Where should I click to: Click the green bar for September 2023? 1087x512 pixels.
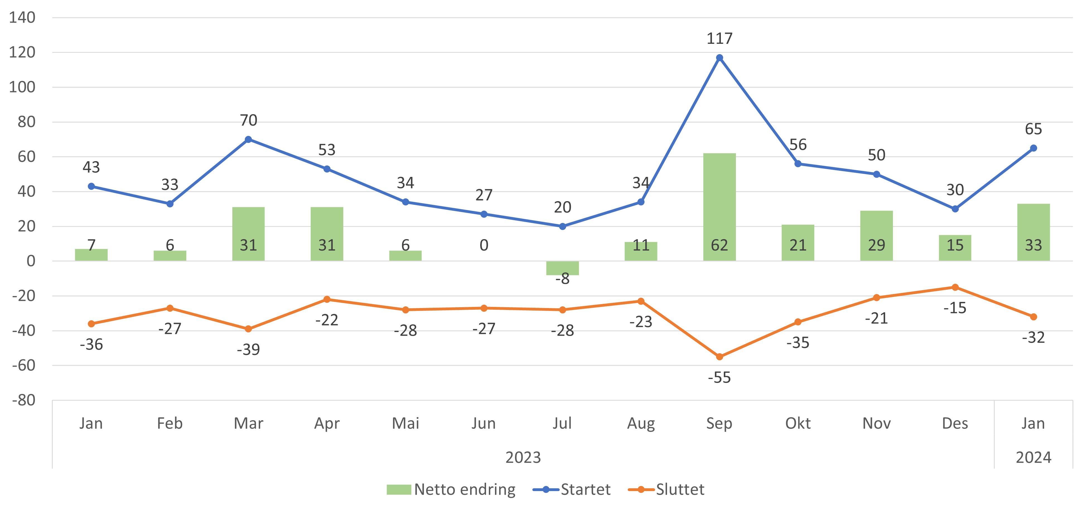point(719,207)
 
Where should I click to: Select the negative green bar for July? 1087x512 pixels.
point(562,268)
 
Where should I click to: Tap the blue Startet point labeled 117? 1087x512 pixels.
point(719,58)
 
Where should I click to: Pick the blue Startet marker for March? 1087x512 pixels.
point(248,139)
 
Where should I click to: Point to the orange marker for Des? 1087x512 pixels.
point(955,287)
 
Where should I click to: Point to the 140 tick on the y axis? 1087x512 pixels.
point(22,18)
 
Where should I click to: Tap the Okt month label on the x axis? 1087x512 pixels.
point(798,423)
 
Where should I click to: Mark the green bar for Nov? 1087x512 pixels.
point(876,235)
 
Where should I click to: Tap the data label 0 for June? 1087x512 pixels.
point(484,245)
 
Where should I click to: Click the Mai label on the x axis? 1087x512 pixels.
point(405,423)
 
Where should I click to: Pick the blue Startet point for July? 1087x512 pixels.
point(562,227)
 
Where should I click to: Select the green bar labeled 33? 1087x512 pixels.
point(1033,232)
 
